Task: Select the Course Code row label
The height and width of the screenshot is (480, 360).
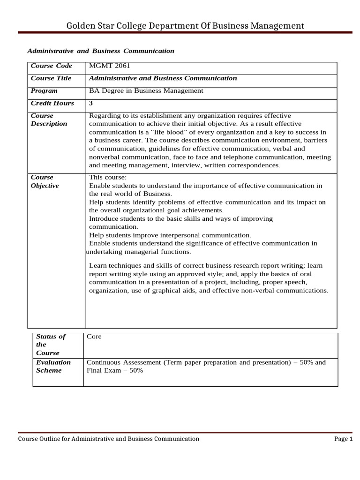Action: (x=52, y=66)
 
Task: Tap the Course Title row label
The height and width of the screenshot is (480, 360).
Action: (x=51, y=78)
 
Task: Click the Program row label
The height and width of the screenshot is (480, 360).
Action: (x=44, y=91)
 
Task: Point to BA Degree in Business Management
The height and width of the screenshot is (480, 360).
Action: (x=146, y=91)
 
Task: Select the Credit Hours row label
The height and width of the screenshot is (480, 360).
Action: (x=52, y=103)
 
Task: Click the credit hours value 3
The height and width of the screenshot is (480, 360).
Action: (x=91, y=103)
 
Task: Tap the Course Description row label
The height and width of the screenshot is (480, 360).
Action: (x=49, y=120)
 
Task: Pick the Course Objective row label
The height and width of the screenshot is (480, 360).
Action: (x=45, y=181)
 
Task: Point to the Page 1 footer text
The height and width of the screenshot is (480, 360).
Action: (x=343, y=439)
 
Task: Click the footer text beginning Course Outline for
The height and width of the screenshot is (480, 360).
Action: (x=108, y=439)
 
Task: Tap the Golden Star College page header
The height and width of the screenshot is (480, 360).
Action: (x=185, y=25)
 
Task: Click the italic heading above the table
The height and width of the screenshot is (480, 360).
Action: (x=101, y=51)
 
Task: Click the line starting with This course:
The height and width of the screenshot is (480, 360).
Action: (x=108, y=177)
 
